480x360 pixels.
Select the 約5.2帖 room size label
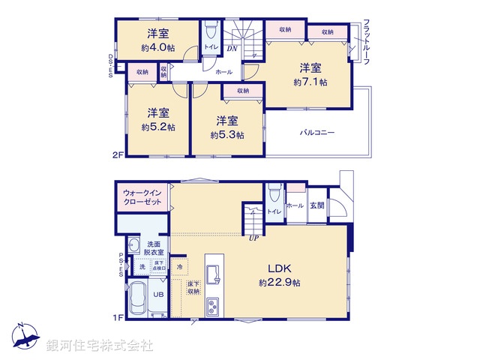point(158,127)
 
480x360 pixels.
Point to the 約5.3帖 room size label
point(227,135)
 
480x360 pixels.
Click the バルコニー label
point(317,133)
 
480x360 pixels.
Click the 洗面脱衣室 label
point(155,248)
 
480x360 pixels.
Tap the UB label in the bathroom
point(159,294)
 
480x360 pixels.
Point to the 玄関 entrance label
point(316,205)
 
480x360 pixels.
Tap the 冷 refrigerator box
point(179,266)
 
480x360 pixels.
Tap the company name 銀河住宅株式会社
point(99,346)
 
